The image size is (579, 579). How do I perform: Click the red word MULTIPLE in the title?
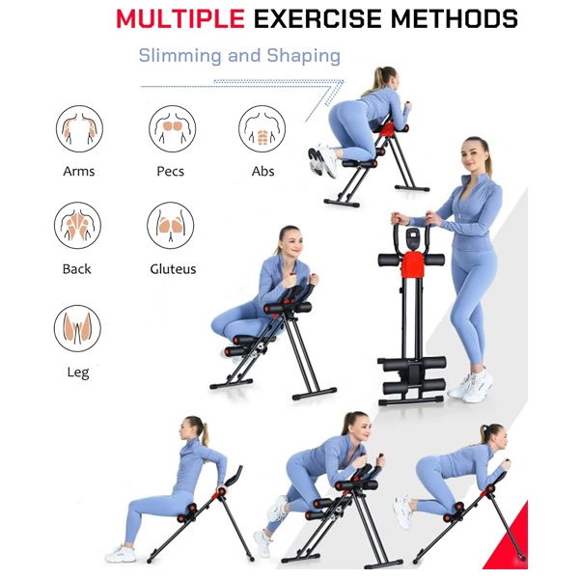tap(180, 18)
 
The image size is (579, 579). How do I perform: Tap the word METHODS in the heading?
tap(455, 18)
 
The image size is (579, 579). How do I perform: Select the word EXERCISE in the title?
tap(317, 18)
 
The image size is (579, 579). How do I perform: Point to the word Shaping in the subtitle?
tap(304, 57)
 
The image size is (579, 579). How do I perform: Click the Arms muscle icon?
tap(79, 129)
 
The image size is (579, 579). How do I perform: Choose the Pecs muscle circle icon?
tap(172, 129)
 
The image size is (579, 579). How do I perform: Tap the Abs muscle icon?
tap(262, 129)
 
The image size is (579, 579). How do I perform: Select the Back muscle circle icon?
tap(77, 225)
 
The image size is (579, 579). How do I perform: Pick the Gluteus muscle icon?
tap(171, 225)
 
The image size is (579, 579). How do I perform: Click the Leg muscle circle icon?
tap(77, 328)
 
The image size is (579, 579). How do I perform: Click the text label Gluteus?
tap(173, 269)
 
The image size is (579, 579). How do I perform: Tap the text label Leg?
tap(78, 372)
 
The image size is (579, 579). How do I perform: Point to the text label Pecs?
tap(170, 172)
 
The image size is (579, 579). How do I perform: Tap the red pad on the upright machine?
tap(412, 265)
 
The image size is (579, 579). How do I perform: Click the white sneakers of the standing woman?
tap(471, 385)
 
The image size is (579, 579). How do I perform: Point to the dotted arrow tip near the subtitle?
tap(343, 81)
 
